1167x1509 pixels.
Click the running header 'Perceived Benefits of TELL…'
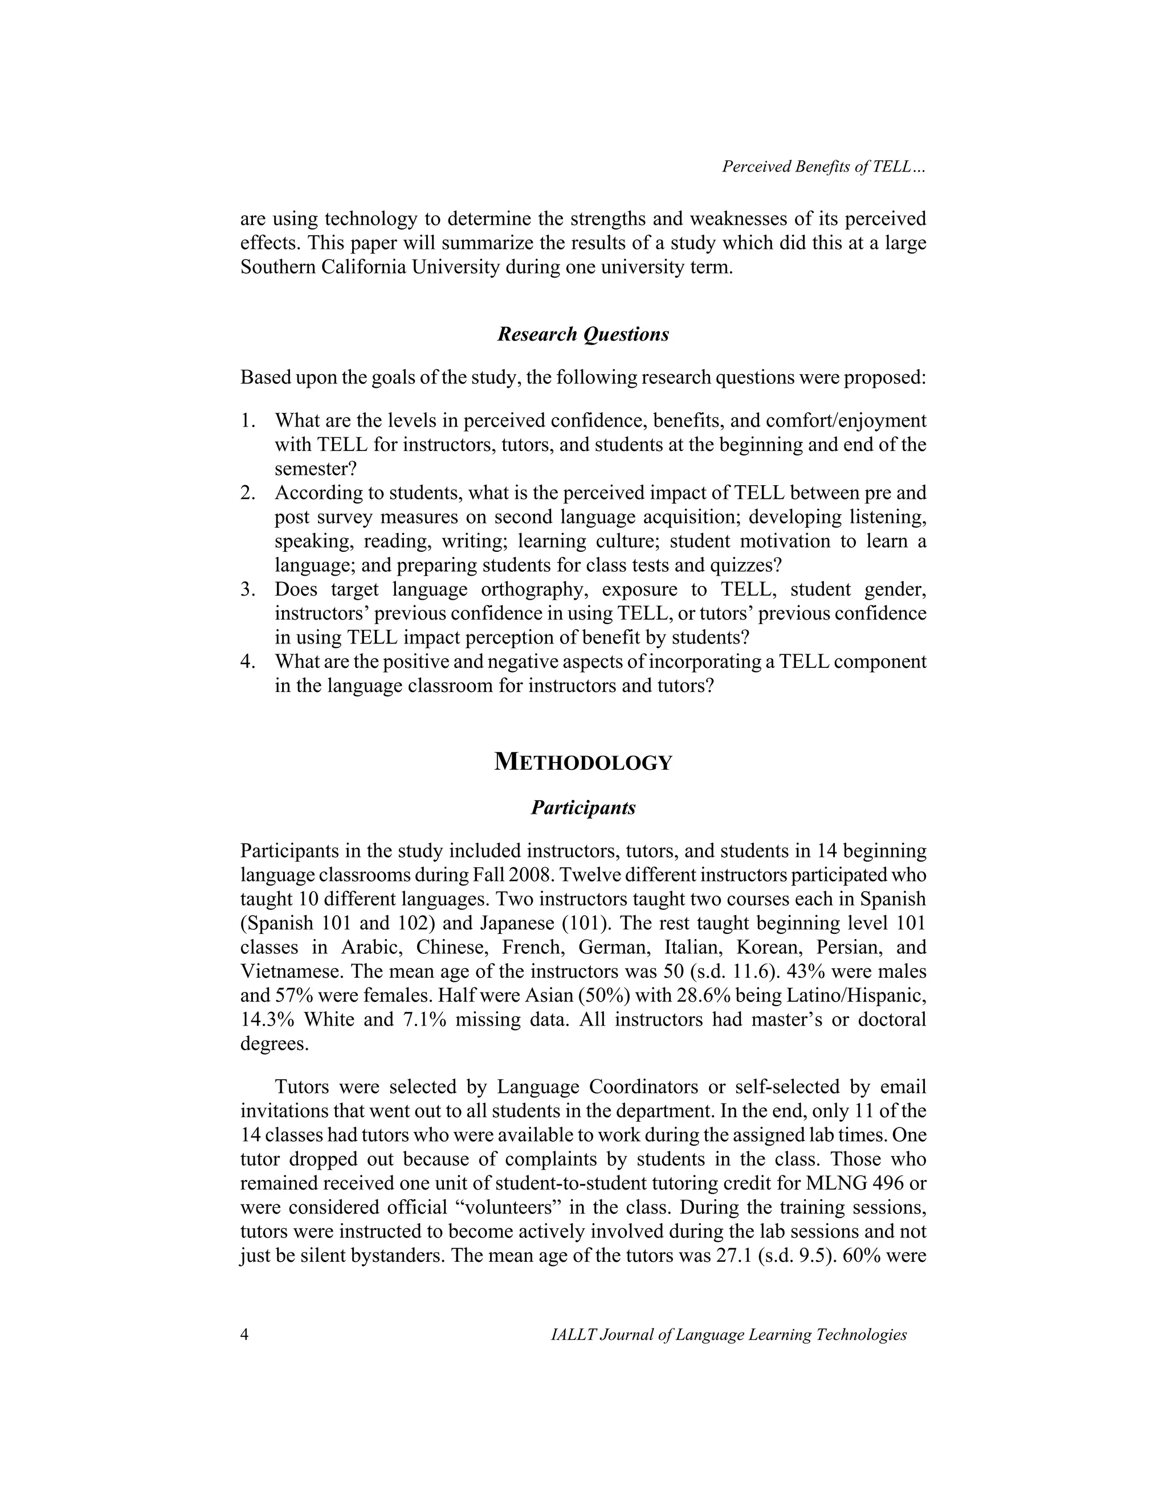click(823, 167)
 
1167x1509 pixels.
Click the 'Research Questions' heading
click(583, 334)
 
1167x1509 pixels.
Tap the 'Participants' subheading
click(583, 807)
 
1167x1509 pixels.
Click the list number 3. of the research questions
click(248, 590)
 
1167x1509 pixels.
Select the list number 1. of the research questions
click(248, 421)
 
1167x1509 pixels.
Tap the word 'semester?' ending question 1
click(315, 469)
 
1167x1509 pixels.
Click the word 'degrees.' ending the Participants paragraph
click(275, 1044)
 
